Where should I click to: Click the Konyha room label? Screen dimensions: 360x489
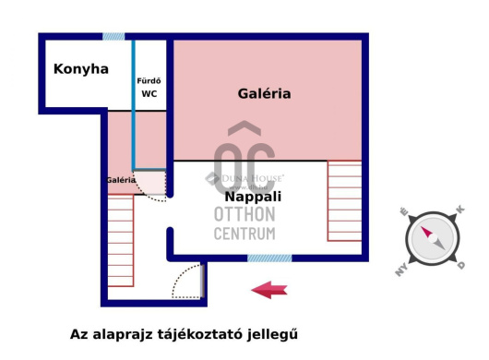click(x=81, y=69)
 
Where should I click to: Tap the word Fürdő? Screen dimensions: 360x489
click(x=149, y=80)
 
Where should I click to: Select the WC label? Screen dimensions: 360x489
click(x=149, y=93)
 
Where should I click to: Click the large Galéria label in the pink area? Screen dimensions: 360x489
click(x=264, y=93)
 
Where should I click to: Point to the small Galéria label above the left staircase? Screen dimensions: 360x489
click(x=121, y=180)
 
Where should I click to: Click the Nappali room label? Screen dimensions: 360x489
click(x=253, y=197)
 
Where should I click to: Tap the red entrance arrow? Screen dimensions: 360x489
click(x=268, y=290)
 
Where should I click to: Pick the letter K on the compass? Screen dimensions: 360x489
click(x=460, y=211)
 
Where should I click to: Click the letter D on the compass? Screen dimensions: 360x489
click(x=460, y=266)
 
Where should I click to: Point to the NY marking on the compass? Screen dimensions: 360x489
click(x=402, y=269)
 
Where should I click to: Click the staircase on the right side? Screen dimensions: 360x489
click(x=344, y=200)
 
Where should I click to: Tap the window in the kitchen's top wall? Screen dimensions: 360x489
click(x=113, y=37)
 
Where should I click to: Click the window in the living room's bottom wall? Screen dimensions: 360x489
click(x=269, y=258)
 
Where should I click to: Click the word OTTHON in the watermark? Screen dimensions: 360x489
click(x=244, y=214)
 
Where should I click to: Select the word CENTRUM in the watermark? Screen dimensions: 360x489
click(x=244, y=234)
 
